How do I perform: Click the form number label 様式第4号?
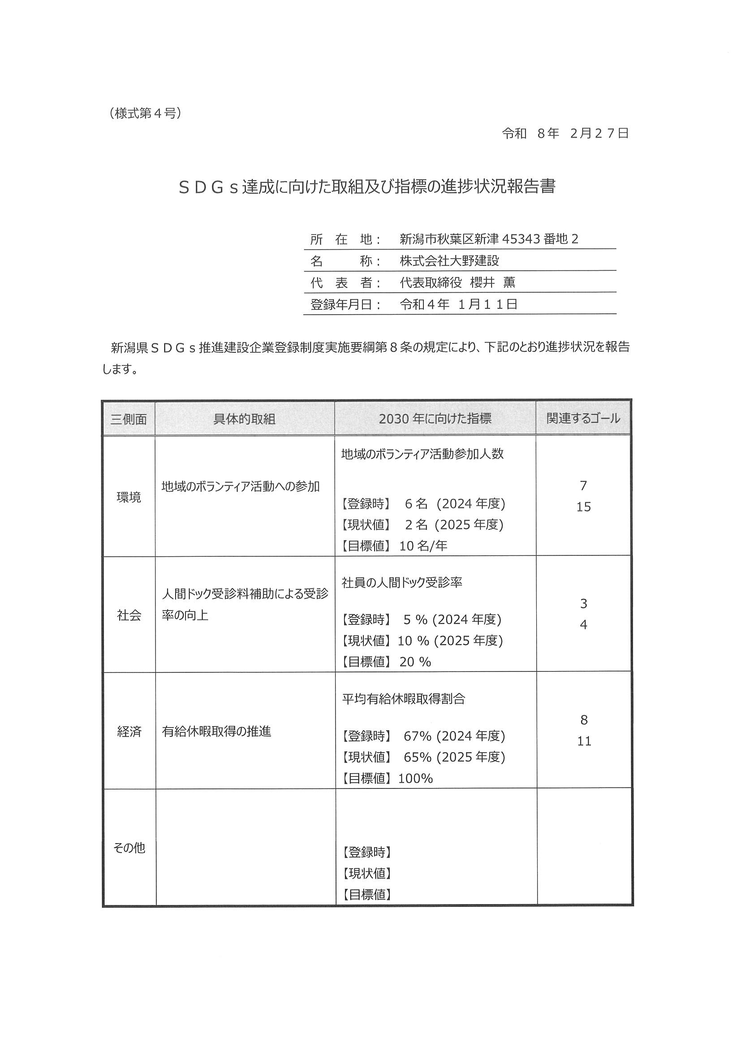pyautogui.click(x=145, y=113)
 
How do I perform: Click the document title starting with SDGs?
pyautogui.click(x=367, y=187)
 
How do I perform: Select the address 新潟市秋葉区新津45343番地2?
pyautogui.click(x=489, y=239)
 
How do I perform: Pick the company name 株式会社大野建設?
pyautogui.click(x=449, y=260)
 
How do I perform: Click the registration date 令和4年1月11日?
pyautogui.click(x=458, y=304)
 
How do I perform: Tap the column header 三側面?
pyautogui.click(x=128, y=419)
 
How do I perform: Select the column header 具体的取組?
pyautogui.click(x=244, y=419)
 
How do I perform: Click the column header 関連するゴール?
pyautogui.click(x=583, y=418)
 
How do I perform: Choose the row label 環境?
pyautogui.click(x=129, y=497)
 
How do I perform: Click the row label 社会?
pyautogui.click(x=129, y=615)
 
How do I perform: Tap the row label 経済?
pyautogui.click(x=129, y=732)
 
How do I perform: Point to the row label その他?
pyautogui.click(x=129, y=848)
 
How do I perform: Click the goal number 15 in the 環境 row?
pyautogui.click(x=584, y=507)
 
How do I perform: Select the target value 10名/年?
pyautogui.click(x=423, y=546)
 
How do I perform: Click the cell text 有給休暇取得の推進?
pyautogui.click(x=217, y=732)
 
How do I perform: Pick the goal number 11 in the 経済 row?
pyautogui.click(x=584, y=741)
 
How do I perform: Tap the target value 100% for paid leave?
pyautogui.click(x=415, y=779)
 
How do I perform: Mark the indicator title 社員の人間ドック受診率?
pyautogui.click(x=402, y=582)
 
